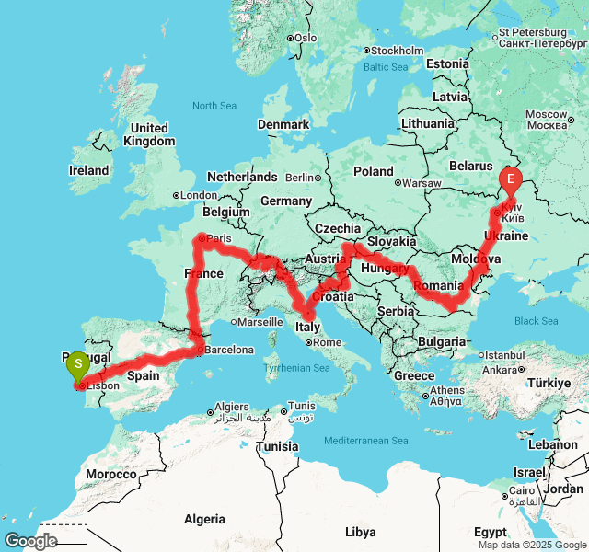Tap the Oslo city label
pos(306,37)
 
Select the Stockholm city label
pos(398,50)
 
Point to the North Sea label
pos(215,106)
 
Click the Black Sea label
pos(537,321)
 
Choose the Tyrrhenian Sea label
pos(296,368)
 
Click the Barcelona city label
pos(229,350)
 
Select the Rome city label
pos(328,342)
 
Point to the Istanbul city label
pos(503,355)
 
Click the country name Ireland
pos(89,170)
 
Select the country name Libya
pos(360,532)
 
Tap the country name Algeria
pos(204,519)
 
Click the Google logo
pos(30,541)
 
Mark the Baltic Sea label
pos(386,67)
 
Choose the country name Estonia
pos(447,63)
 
